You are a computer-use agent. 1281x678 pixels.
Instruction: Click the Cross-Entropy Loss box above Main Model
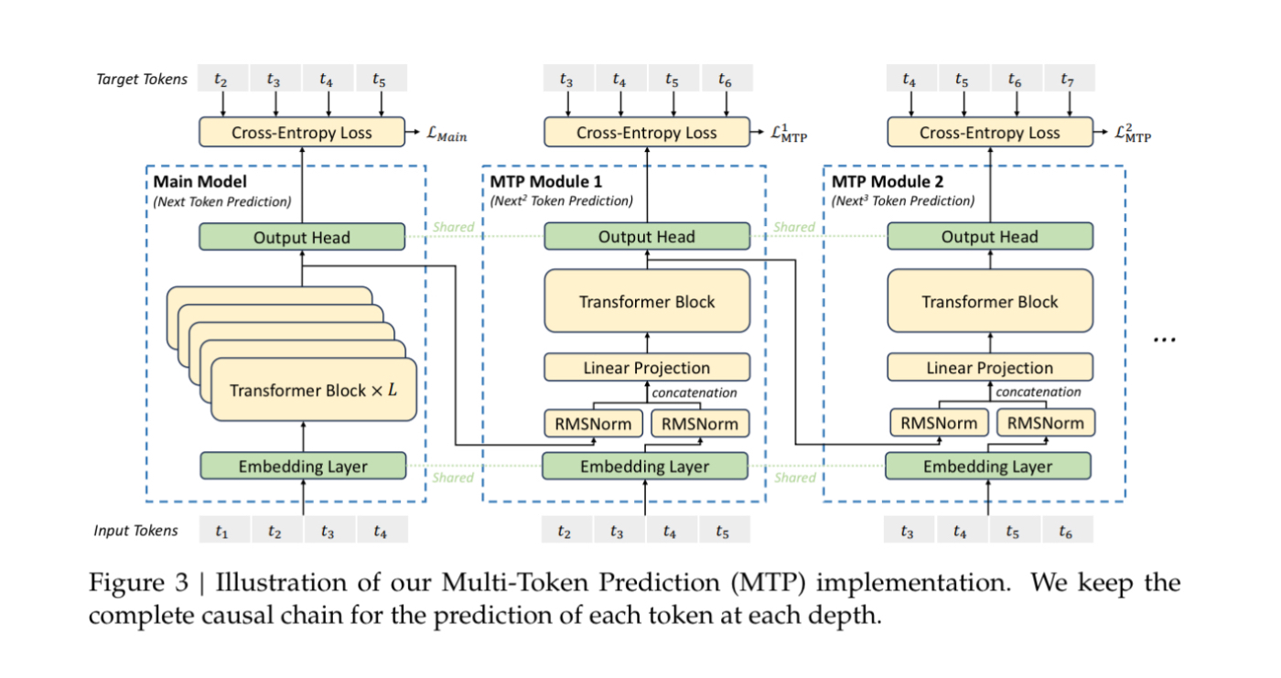pos(302,132)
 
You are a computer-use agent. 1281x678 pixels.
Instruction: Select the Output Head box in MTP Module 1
pos(647,236)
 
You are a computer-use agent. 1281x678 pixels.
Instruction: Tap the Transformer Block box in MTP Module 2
pos(990,301)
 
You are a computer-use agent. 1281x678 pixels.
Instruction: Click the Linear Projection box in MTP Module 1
pos(647,367)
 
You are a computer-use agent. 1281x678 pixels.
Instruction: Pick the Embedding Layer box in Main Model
pos(303,466)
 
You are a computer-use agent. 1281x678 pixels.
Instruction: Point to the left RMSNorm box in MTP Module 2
pos(939,423)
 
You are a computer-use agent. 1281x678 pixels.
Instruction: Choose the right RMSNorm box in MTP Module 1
pos(700,424)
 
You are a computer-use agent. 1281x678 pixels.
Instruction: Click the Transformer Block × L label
pos(313,390)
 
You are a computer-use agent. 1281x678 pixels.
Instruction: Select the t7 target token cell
pos(1070,79)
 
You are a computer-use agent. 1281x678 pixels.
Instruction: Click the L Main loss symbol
pos(447,135)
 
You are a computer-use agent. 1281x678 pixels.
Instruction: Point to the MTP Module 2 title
pos(888,181)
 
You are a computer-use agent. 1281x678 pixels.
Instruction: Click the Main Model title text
pos(200,181)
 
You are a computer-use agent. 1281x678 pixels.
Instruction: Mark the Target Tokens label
pos(141,79)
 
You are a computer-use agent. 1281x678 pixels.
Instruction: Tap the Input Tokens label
pos(135,531)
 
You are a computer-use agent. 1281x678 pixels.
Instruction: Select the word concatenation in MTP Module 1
pos(694,393)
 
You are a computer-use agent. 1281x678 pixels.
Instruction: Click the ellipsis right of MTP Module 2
pos(1164,339)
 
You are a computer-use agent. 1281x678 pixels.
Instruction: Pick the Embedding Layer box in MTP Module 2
pos(988,466)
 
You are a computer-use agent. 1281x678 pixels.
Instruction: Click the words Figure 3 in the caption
pos(138,583)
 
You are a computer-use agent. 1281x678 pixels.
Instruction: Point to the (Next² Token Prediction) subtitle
pos(562,200)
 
